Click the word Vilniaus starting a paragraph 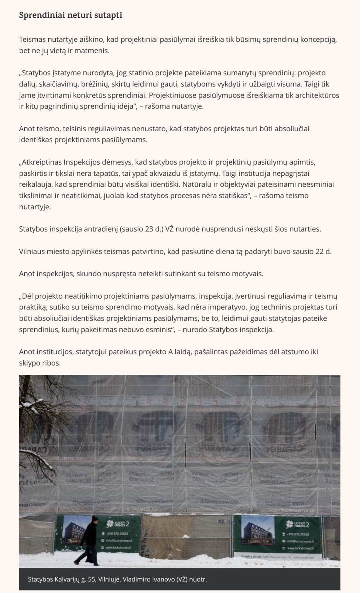coord(31,251)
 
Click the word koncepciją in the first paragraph coord(319,40)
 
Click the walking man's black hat coord(95,519)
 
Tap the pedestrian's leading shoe coord(77,563)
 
